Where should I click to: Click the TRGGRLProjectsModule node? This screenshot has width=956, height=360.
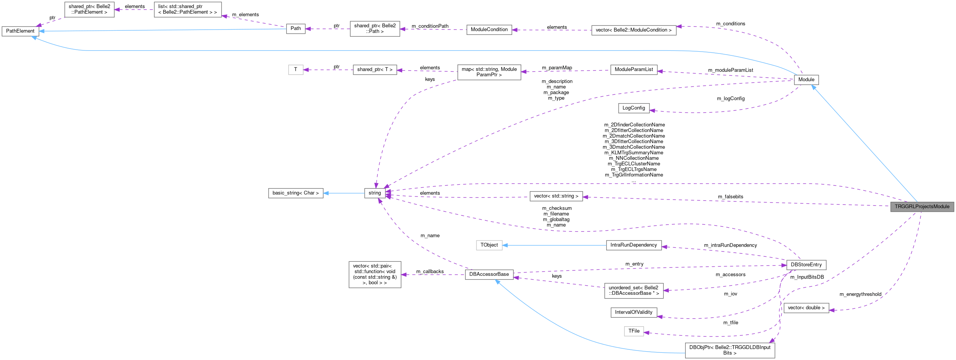click(922, 207)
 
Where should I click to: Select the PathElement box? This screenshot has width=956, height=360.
click(20, 31)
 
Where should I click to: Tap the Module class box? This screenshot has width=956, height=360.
click(806, 80)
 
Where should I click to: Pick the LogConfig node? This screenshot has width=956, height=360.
click(634, 108)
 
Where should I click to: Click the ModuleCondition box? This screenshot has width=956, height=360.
click(489, 30)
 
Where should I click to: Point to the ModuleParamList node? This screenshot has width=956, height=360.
click(634, 70)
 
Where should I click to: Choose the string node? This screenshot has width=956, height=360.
click(374, 193)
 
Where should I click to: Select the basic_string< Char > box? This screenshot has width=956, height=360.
click(296, 193)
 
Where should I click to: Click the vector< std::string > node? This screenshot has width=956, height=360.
click(556, 196)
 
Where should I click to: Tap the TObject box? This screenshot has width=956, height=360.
click(489, 245)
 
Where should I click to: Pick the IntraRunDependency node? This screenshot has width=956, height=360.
click(634, 245)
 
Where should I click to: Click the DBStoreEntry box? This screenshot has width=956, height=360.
click(806, 265)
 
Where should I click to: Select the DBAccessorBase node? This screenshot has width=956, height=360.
click(489, 274)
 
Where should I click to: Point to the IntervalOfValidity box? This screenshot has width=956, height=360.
click(634, 312)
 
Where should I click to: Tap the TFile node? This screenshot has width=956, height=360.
click(634, 331)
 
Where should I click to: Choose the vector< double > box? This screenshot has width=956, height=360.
click(806, 308)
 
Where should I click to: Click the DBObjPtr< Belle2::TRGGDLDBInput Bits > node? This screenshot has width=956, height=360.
click(730, 350)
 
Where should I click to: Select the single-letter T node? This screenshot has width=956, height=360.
click(296, 70)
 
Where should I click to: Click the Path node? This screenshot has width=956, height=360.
click(296, 28)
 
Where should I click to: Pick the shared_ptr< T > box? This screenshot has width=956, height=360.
click(374, 70)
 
